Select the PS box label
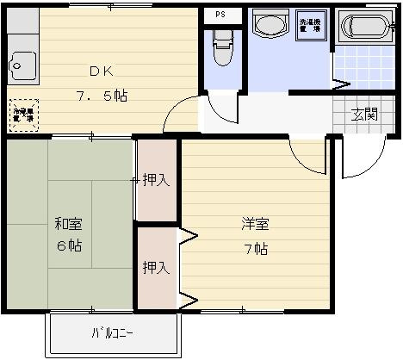[221, 15]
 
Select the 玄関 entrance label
[363, 113]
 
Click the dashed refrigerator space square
[23, 116]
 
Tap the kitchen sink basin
[21, 64]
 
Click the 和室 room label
[69, 225]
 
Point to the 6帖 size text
[69, 245]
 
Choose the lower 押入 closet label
[156, 267]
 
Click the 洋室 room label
[254, 226]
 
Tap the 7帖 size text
[254, 250]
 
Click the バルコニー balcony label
[113, 333]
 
